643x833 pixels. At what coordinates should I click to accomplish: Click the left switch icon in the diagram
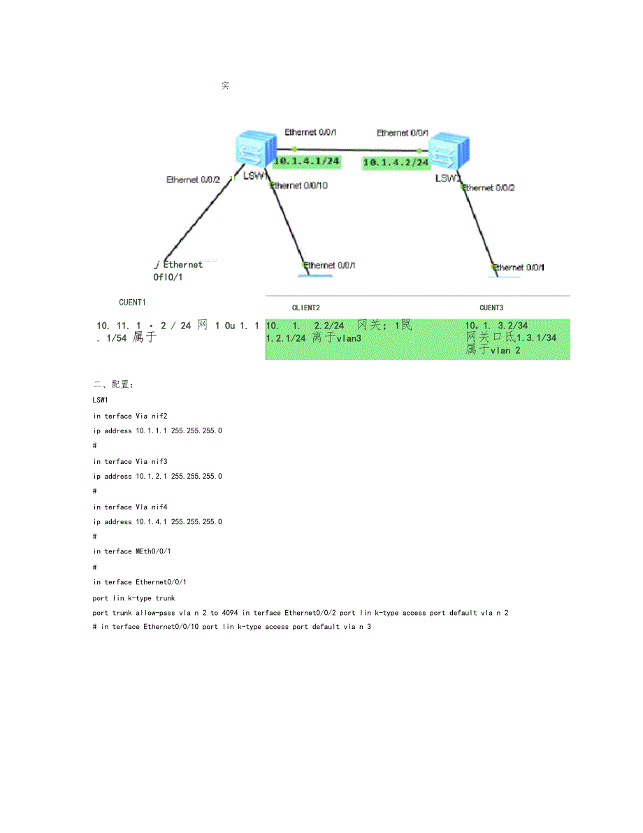(254, 150)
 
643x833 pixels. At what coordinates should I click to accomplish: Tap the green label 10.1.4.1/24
(307, 161)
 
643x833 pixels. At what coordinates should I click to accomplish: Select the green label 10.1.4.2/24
(396, 162)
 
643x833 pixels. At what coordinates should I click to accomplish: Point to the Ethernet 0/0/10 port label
(299, 186)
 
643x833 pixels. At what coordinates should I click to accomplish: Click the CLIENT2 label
(306, 307)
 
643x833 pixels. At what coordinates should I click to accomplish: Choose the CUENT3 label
(491, 307)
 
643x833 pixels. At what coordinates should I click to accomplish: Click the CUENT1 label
(132, 303)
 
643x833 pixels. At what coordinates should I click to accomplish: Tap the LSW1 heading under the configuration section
(101, 400)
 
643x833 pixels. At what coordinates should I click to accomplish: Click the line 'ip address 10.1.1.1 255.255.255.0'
(157, 431)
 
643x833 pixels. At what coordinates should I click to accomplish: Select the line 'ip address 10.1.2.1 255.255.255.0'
(157, 477)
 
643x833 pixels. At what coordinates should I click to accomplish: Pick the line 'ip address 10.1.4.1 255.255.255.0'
(157, 522)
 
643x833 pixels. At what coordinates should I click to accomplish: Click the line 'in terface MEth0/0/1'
(132, 551)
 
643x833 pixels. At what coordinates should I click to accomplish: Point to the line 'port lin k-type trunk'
(133, 598)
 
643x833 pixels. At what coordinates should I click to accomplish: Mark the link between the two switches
(356, 150)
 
